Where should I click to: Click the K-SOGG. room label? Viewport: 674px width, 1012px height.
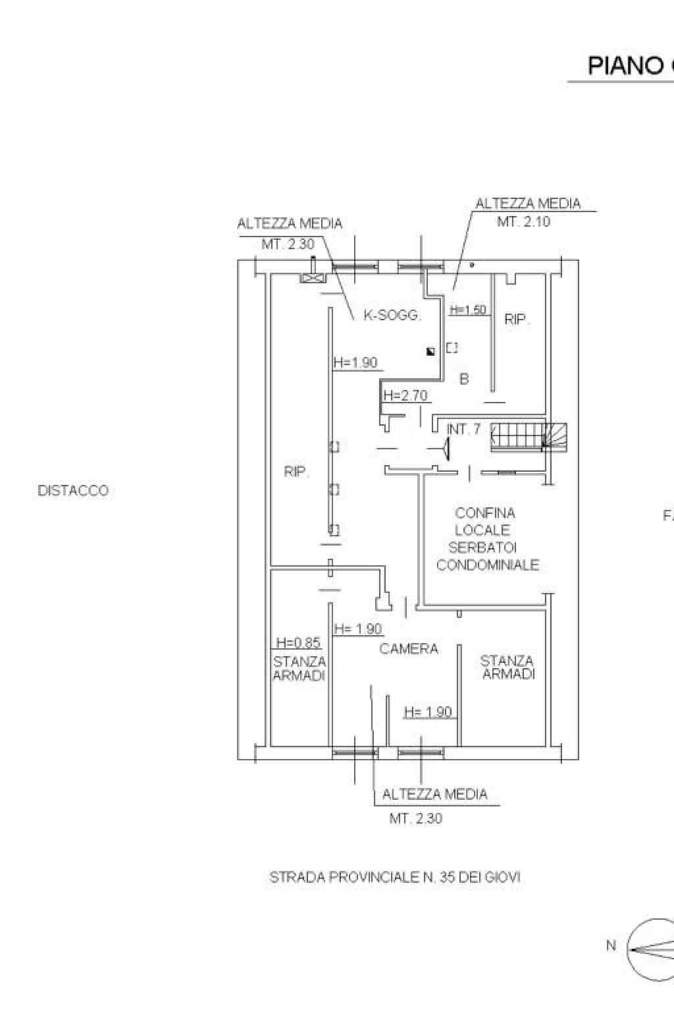[392, 316]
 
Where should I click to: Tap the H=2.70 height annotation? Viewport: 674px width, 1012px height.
[405, 395]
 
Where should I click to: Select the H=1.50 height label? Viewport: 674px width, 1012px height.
[467, 310]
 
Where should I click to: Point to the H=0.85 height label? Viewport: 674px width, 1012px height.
[298, 643]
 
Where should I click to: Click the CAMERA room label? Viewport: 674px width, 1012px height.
[409, 649]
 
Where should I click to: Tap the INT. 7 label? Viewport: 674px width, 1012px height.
[463, 430]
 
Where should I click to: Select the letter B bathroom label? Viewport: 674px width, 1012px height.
[464, 379]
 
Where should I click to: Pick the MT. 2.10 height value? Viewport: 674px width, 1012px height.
[523, 222]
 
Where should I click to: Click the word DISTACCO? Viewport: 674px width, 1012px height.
[73, 491]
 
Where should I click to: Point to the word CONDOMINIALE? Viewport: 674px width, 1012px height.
[488, 565]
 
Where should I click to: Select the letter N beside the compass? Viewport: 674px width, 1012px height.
[611, 945]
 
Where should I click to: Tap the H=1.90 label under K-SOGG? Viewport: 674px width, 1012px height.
[355, 362]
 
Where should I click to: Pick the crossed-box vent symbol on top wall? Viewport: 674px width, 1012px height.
[311, 277]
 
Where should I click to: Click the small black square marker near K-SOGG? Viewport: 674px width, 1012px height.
[430, 351]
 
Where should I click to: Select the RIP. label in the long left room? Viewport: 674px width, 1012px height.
[296, 472]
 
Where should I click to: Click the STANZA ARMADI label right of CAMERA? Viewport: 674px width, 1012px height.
[507, 667]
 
